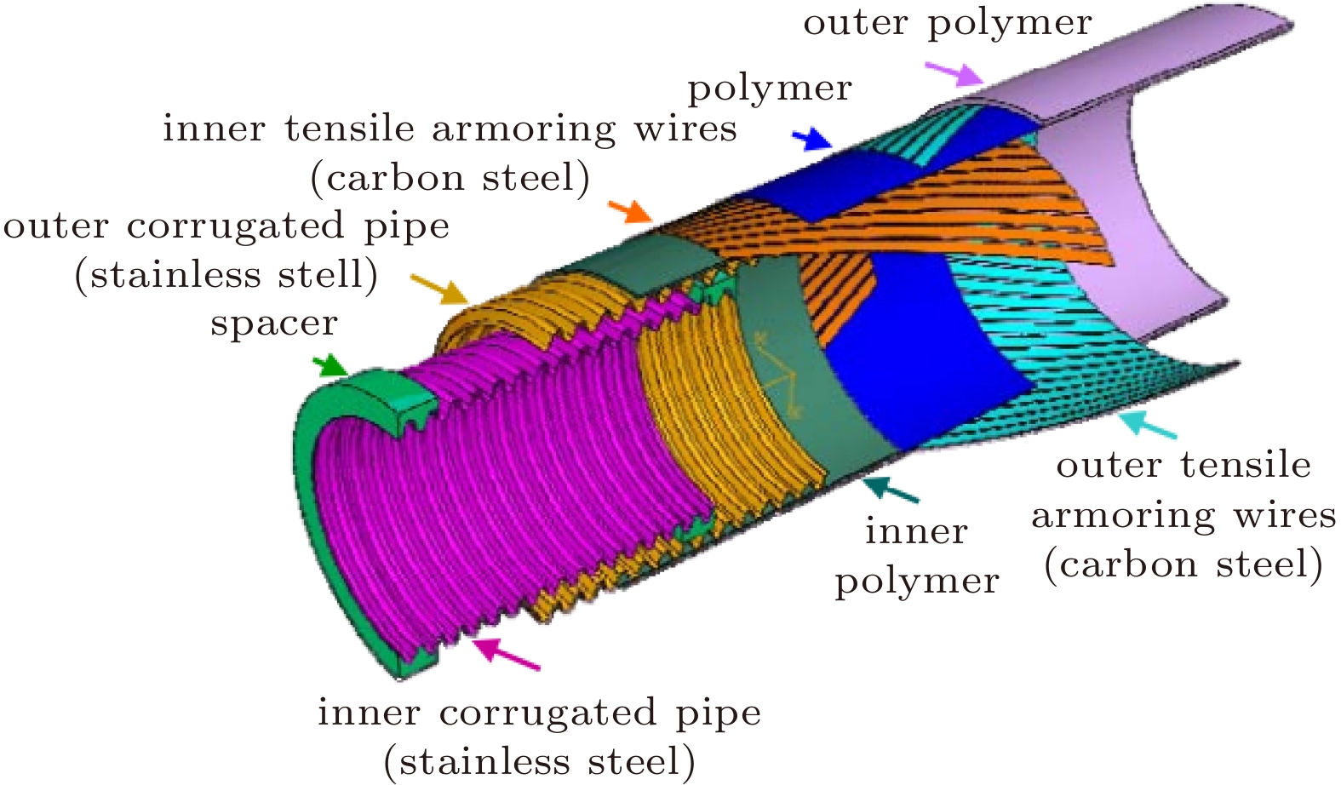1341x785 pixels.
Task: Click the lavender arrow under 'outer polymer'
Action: pos(954,73)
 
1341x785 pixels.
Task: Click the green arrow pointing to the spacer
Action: pos(330,367)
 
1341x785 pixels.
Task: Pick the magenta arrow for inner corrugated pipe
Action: pos(506,654)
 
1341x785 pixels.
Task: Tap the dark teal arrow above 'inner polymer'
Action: pos(890,489)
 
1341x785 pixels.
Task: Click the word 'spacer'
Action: pos(274,324)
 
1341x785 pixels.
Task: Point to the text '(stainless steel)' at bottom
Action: pos(540,761)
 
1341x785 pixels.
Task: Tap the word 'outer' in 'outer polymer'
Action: pos(856,22)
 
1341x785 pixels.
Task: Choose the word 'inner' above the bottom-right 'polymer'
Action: pos(916,531)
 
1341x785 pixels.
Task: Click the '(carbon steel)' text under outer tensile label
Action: pos(1183,564)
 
